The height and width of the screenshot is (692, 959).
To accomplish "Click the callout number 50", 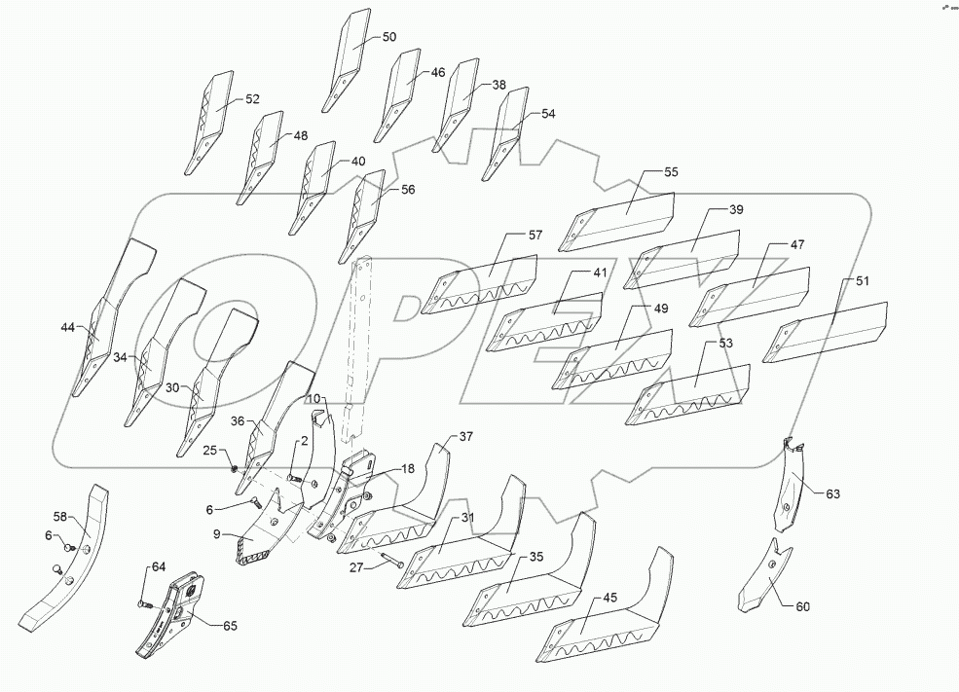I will (388, 37).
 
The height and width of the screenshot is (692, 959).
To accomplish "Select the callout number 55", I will (672, 172).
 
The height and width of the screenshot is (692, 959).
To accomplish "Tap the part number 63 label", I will (832, 494).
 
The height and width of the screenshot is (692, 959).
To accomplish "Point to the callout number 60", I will (802, 607).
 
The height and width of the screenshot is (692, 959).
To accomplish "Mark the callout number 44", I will (67, 327).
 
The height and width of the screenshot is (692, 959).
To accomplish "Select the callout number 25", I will (209, 450).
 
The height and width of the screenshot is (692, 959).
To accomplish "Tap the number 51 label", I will (863, 280).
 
